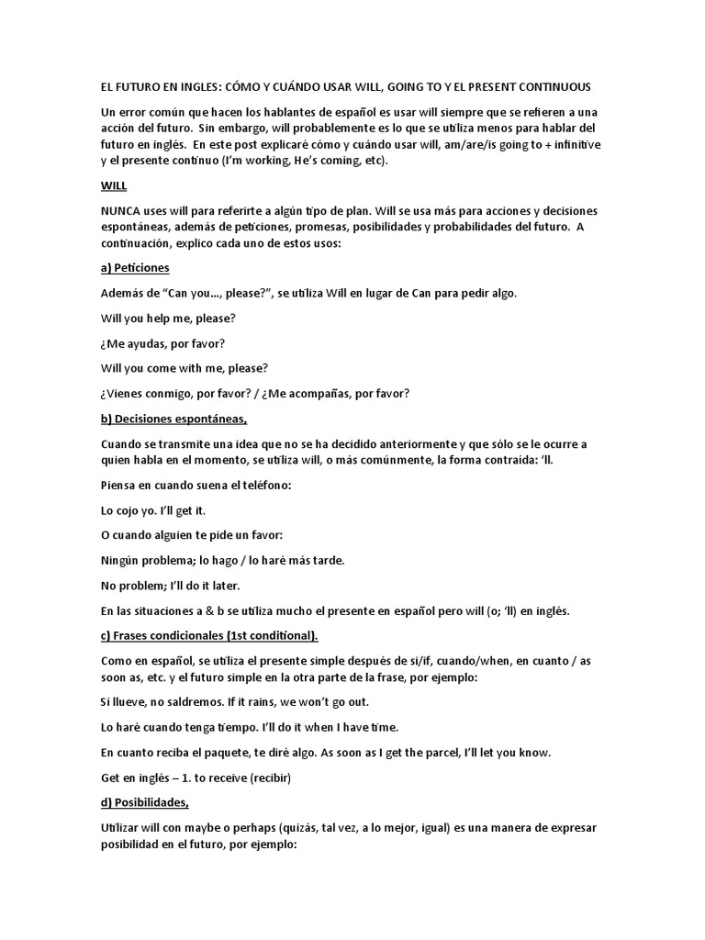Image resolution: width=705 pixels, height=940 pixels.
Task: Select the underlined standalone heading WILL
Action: [x=113, y=185]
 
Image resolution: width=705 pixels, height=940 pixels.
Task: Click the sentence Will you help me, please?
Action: [x=168, y=318]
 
